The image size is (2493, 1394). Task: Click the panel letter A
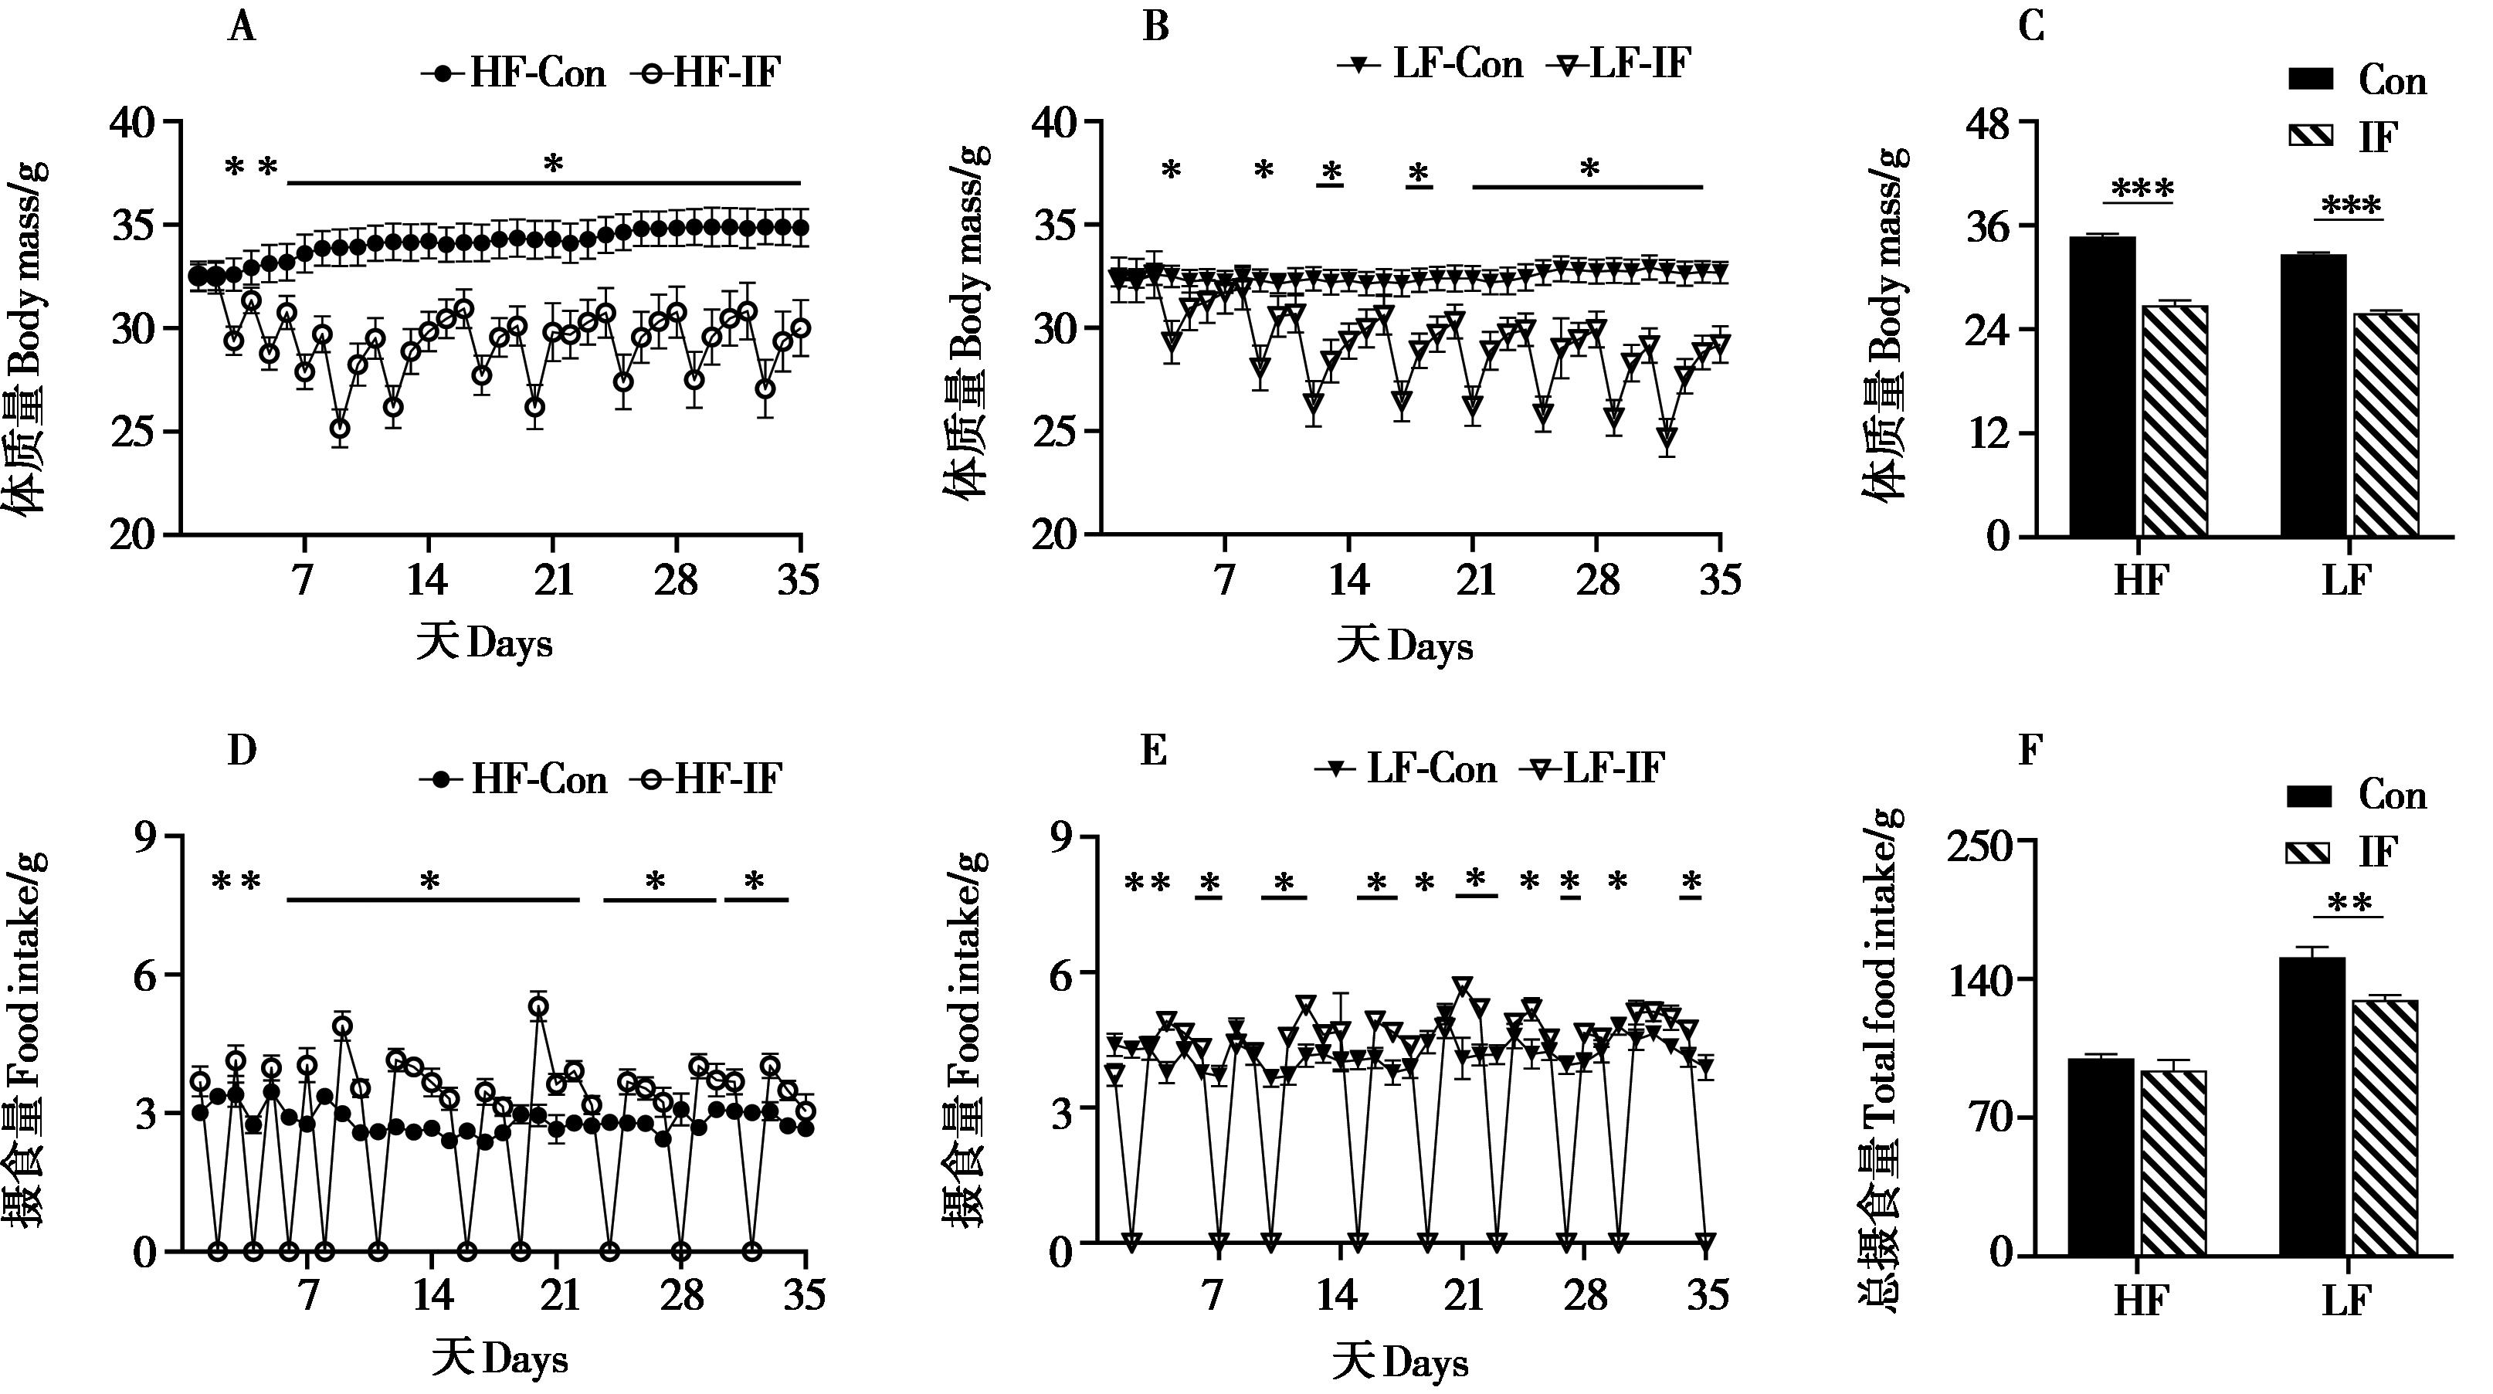point(241,28)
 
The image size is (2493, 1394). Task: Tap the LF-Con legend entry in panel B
point(1430,65)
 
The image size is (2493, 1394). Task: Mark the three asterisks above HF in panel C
point(2142,188)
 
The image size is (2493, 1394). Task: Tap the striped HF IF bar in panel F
point(2172,1162)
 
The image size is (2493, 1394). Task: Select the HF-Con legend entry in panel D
point(514,779)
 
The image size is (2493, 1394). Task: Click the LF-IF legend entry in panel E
point(1592,768)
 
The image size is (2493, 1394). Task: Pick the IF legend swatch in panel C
point(2310,137)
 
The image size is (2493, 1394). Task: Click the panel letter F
point(2030,750)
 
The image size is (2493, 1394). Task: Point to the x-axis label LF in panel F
point(2346,1302)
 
